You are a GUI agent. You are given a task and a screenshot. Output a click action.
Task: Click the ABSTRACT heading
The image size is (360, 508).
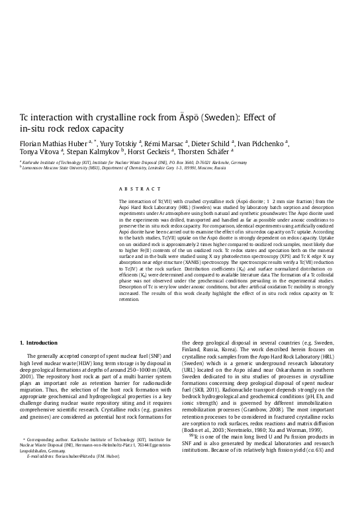click(134, 189)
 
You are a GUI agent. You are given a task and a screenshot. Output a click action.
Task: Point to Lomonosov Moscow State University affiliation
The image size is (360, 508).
click(60, 168)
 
